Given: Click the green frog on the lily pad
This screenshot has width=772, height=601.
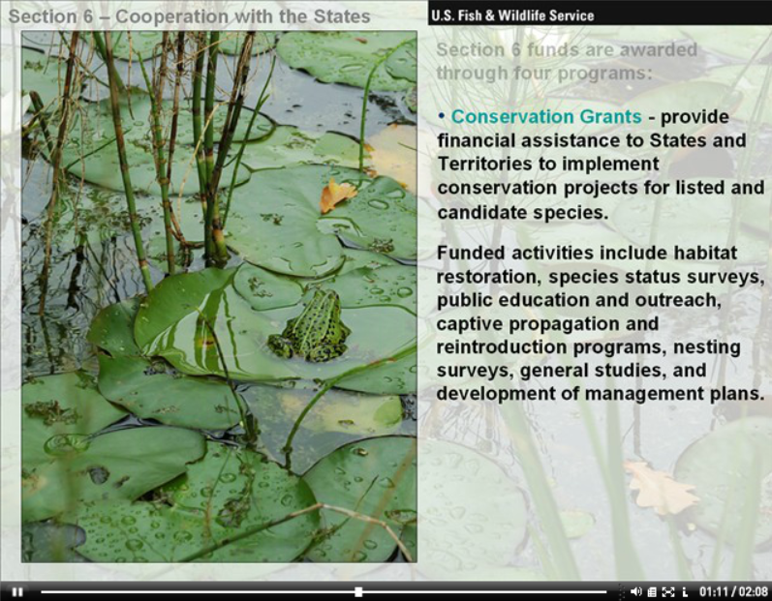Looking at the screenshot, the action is tap(310, 327).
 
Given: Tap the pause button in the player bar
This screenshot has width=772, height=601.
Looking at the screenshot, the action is tap(17, 591).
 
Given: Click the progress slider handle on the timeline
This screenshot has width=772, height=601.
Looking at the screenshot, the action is tap(359, 591).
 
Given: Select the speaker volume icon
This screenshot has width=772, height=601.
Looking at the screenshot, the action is tap(635, 591).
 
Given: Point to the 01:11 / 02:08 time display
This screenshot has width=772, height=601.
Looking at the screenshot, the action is tap(733, 591).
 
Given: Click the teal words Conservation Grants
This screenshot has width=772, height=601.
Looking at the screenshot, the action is tap(546, 116).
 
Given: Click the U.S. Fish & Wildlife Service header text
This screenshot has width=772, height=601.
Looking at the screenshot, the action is tap(512, 15).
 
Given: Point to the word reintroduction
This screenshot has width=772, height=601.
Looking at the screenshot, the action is tap(502, 346).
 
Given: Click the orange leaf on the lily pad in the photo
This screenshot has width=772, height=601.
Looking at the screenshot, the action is tap(337, 195).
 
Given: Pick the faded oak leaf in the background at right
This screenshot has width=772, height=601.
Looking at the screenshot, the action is tap(662, 487).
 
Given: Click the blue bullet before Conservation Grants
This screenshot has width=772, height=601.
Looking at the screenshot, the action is tap(441, 116).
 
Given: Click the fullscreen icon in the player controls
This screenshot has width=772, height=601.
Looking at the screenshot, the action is tap(668, 592).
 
